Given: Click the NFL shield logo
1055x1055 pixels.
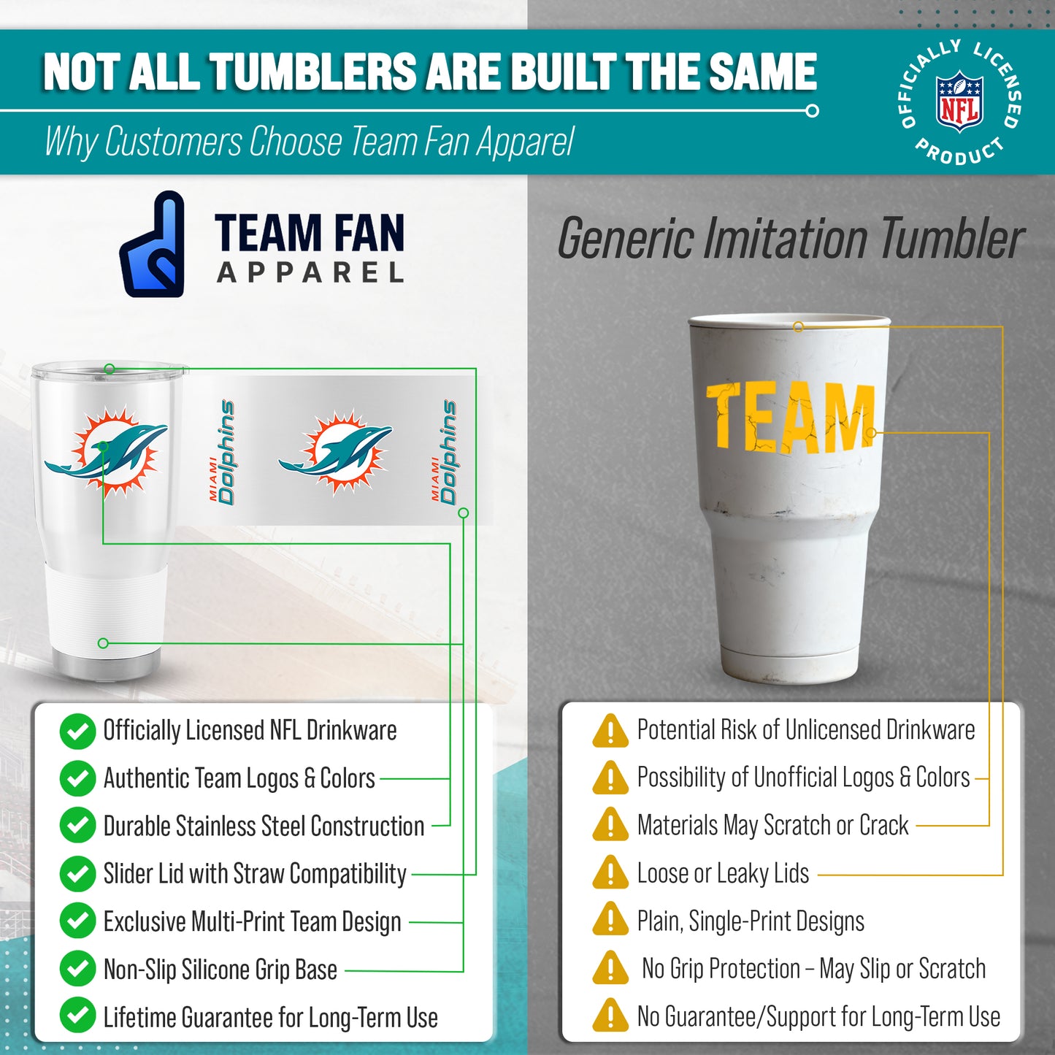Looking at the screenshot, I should pos(959,101).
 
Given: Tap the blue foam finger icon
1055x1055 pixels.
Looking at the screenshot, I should pos(153,245).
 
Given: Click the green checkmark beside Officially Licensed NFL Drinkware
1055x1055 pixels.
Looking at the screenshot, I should pos(77,732).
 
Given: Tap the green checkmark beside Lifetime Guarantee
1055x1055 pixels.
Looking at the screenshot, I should pos(77,1016).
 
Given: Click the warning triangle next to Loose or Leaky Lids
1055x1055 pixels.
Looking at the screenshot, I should pos(610,873).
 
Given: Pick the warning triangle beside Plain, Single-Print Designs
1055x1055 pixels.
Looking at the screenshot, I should pos(610,921).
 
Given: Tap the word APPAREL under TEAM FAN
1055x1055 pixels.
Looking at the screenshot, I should pos(310,273).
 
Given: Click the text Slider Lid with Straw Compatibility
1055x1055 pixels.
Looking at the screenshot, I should pos(255,874).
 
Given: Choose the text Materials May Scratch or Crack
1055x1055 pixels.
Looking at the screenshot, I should pos(772,826).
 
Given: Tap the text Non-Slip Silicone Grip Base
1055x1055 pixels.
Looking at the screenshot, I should pos(220,970).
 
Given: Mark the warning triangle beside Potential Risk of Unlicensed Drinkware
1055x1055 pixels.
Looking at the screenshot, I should pos(610,731).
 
